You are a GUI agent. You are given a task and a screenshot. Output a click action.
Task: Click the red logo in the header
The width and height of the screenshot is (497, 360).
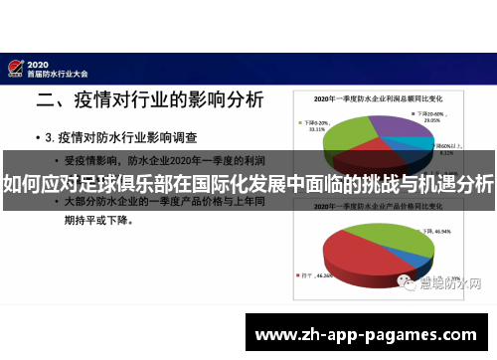(16, 67)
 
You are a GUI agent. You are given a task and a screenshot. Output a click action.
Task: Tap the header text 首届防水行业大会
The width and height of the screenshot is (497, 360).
(59, 73)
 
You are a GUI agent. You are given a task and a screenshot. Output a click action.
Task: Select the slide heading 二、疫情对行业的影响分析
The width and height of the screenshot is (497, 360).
(150, 99)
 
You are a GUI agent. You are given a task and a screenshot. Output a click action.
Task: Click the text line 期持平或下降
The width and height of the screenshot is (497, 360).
(99, 221)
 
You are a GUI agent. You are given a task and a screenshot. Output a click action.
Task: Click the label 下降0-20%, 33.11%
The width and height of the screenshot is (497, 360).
(314, 123)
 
